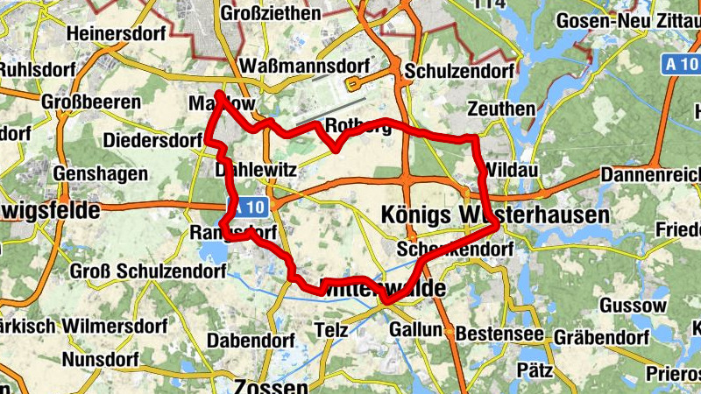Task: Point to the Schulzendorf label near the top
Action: pos(452,72)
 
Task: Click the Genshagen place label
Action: pos(101,173)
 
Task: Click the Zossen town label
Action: pos(271,386)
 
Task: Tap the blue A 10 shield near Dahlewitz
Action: pos(246,207)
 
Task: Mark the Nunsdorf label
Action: pos(101,359)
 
